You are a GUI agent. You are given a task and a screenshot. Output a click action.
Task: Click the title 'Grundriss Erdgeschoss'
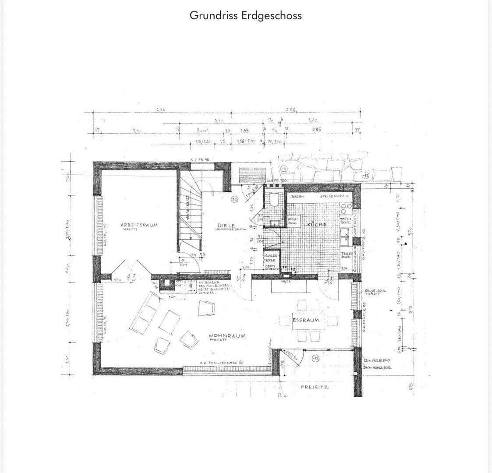[245, 15]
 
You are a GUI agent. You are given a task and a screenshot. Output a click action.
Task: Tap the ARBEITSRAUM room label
[139, 226]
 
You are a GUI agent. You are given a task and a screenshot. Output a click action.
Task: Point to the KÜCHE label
[317, 225]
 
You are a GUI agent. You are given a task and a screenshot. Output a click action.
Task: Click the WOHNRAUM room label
[227, 336]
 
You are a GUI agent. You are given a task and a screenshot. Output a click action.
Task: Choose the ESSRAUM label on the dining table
[306, 320]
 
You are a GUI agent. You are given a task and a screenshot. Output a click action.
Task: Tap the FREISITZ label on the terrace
[315, 388]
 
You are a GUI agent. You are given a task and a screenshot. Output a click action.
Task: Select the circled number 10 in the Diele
[234, 199]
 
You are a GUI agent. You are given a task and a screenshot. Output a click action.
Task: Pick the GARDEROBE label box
[270, 258]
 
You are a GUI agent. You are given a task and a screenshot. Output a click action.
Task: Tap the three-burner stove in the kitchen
[347, 209]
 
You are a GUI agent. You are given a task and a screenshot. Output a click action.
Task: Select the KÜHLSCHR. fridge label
[292, 220]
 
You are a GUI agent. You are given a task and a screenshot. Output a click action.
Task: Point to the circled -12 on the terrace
[315, 359]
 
